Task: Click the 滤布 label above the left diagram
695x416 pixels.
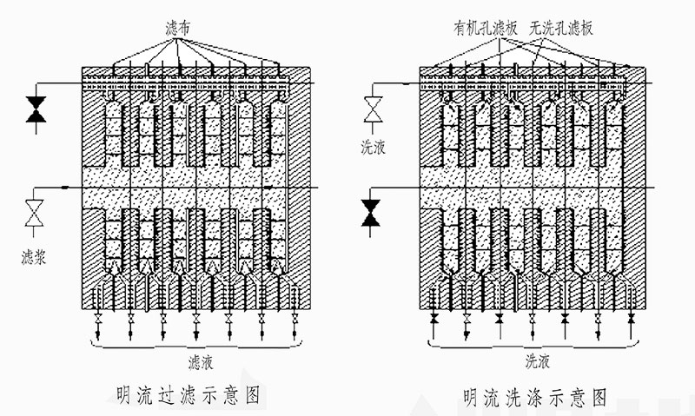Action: click(x=178, y=30)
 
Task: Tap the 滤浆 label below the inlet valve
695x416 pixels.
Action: click(x=36, y=258)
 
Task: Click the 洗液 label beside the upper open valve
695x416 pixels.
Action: click(x=374, y=147)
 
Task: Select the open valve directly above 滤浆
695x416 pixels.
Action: click(x=36, y=213)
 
